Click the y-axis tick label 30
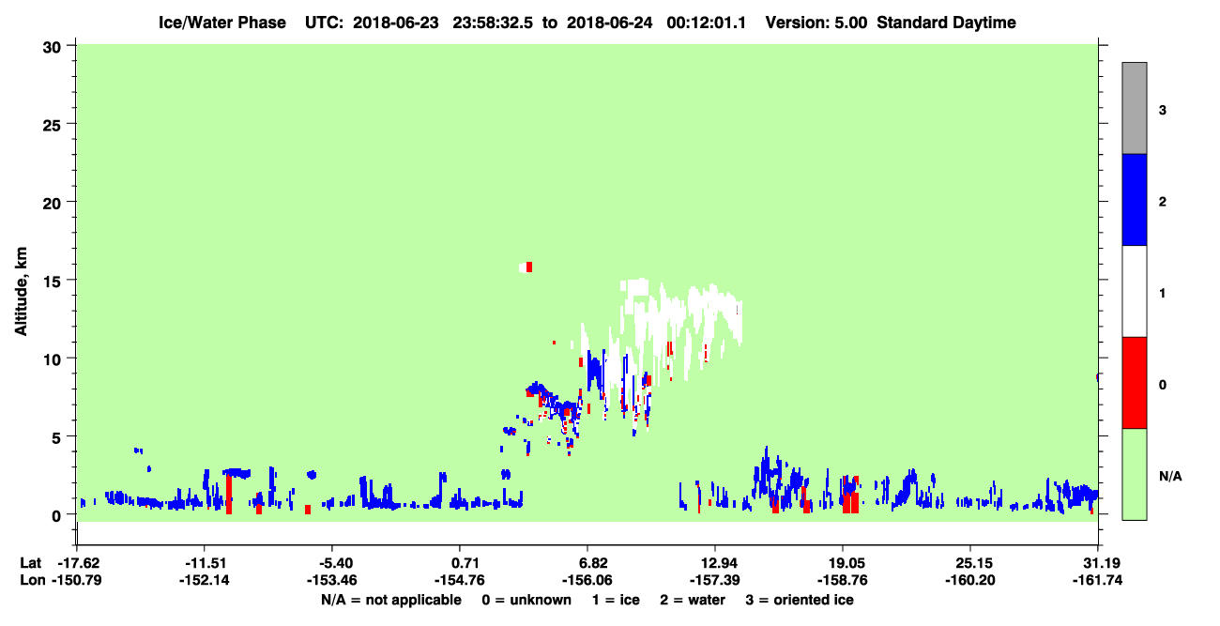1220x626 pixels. [x=52, y=48]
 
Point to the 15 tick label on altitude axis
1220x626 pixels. [x=52, y=282]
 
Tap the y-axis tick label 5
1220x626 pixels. [x=56, y=438]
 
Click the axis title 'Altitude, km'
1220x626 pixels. [x=21, y=292]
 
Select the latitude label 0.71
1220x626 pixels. [x=459, y=563]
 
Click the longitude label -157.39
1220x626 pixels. [x=714, y=580]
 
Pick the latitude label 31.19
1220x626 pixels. [x=1097, y=563]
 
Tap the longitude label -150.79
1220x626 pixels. [x=76, y=580]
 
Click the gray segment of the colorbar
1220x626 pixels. [x=1134, y=108]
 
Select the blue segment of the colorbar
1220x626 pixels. [x=1134, y=199]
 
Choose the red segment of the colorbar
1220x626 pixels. [x=1134, y=383]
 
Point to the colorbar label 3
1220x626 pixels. [x=1162, y=110]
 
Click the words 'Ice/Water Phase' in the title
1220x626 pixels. [x=222, y=23]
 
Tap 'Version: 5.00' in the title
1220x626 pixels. [x=816, y=23]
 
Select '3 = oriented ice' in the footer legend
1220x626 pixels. [x=800, y=600]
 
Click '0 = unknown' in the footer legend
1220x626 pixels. [x=526, y=600]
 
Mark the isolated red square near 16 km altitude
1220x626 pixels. [x=529, y=267]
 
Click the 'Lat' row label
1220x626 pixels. [x=30, y=563]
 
